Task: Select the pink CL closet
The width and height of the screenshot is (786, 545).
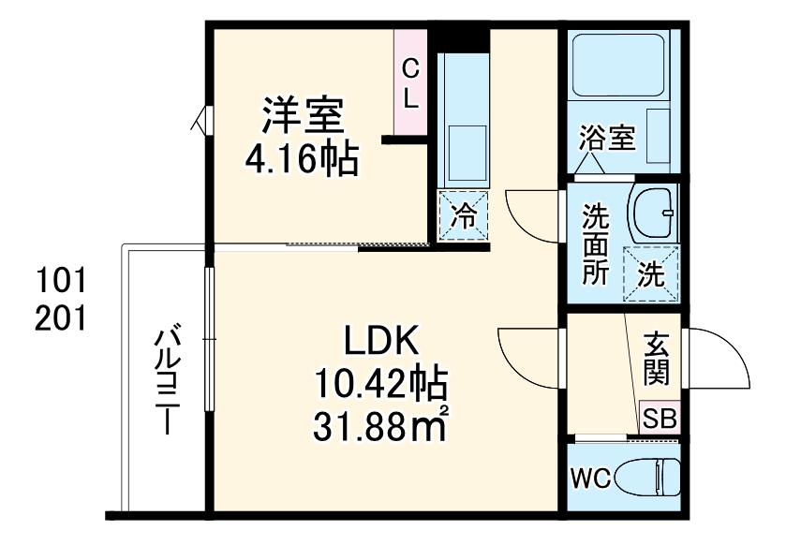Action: click(409, 81)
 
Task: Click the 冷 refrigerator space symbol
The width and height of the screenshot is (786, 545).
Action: click(464, 217)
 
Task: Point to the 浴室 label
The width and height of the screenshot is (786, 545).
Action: click(607, 138)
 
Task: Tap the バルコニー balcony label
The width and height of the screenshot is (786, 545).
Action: click(168, 379)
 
